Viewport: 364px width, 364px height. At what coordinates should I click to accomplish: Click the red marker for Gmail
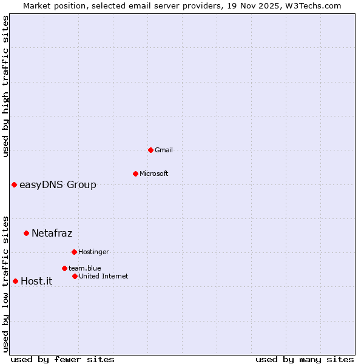click(x=150, y=150)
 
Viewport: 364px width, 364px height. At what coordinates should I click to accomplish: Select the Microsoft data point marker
click(x=135, y=174)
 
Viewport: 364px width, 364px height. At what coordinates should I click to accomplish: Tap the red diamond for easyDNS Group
click(x=14, y=184)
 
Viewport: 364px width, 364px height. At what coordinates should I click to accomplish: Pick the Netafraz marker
click(x=26, y=233)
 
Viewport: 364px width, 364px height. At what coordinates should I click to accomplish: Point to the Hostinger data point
click(x=74, y=252)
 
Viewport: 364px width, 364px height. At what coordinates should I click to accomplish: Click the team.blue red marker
click(x=64, y=268)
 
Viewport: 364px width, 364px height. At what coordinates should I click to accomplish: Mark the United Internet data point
click(x=75, y=276)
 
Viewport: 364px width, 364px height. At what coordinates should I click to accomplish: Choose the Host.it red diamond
click(x=15, y=281)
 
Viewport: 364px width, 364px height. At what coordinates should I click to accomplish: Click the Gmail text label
click(x=164, y=150)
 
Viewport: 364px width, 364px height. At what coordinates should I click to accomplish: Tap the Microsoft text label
click(x=154, y=174)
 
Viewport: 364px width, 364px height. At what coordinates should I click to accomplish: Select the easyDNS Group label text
click(x=58, y=184)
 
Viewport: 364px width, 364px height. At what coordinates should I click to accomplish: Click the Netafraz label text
click(x=52, y=233)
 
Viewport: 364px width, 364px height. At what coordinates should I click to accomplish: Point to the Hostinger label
click(x=93, y=252)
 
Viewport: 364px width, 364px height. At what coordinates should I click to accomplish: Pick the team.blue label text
click(x=84, y=268)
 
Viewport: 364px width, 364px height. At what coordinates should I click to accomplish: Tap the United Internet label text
click(x=103, y=276)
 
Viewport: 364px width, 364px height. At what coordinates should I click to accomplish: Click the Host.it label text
click(x=36, y=281)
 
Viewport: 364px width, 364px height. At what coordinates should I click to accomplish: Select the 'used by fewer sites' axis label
click(x=62, y=359)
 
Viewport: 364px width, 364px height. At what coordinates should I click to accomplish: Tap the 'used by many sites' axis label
click(x=305, y=359)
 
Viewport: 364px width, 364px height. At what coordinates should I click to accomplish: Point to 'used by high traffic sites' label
click(x=5, y=86)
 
